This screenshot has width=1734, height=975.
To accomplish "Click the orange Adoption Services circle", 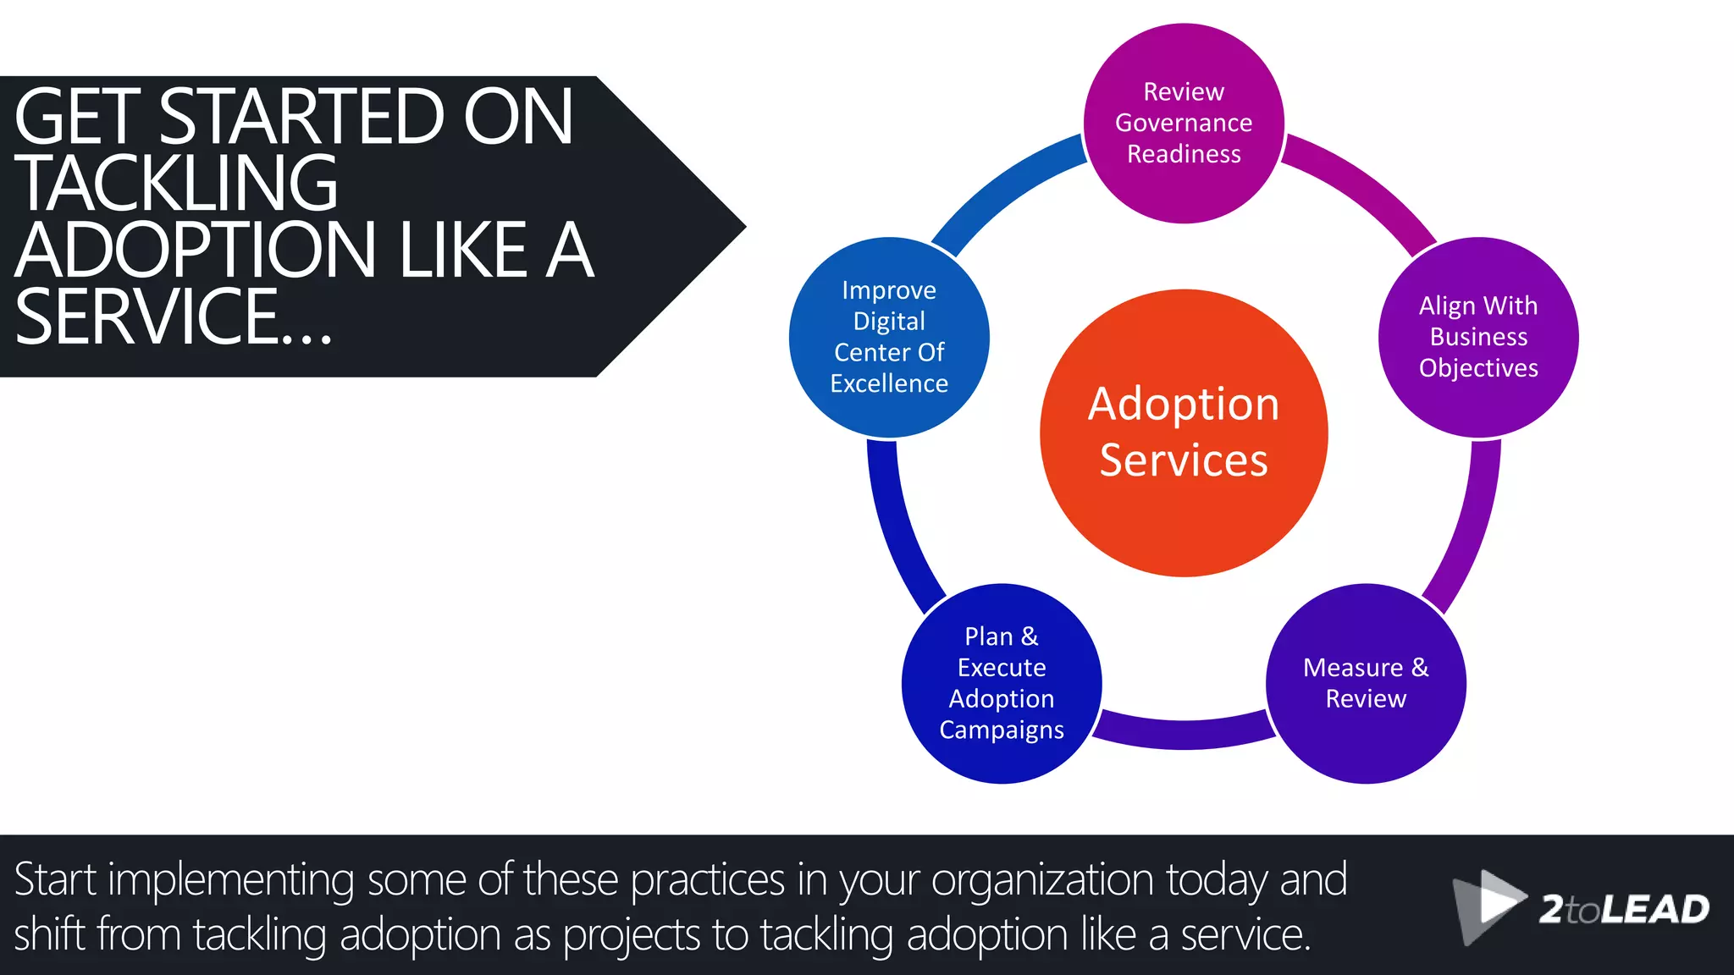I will click(x=1184, y=433).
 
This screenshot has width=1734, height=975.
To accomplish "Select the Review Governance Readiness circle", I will click(x=1184, y=124).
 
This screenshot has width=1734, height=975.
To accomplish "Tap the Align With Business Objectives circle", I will click(x=1478, y=337).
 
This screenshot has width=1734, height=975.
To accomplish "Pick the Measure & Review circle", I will click(x=1366, y=683).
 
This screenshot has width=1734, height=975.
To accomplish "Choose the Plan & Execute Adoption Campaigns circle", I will click(x=1002, y=683).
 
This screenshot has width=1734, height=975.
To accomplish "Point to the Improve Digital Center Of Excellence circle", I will click(x=889, y=337).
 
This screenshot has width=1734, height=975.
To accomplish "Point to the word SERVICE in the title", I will click(x=147, y=317).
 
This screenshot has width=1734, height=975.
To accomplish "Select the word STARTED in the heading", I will click(x=301, y=117).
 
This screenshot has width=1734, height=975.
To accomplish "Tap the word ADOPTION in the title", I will click(x=196, y=250).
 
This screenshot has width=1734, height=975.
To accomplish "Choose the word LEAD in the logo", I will click(x=1655, y=910).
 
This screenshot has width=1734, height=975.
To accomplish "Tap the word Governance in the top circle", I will click(x=1184, y=124).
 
